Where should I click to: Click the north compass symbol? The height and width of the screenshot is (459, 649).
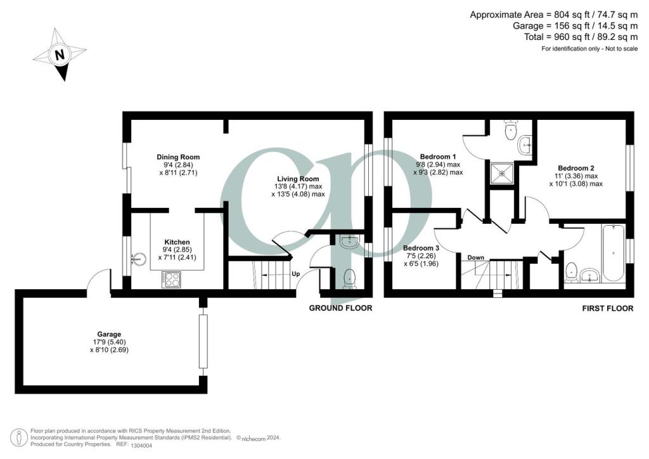pyautogui.click(x=60, y=55)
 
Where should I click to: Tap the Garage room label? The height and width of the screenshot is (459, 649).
pyautogui.click(x=109, y=334)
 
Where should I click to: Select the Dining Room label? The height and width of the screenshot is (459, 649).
pyautogui.click(x=178, y=157)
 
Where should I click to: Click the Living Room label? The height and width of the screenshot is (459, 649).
pyautogui.click(x=297, y=179)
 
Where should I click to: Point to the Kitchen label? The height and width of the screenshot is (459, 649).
pyautogui.click(x=177, y=242)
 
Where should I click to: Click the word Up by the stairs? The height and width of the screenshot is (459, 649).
pyautogui.click(x=295, y=275)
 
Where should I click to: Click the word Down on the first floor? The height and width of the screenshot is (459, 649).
pyautogui.click(x=476, y=257)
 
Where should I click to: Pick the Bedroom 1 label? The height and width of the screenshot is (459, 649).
pyautogui.click(x=438, y=157)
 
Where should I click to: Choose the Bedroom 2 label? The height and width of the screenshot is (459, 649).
pyautogui.click(x=576, y=169)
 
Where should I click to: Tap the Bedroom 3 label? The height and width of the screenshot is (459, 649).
pyautogui.click(x=420, y=248)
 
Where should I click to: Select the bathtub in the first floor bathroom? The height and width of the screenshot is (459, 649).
pyautogui.click(x=614, y=252)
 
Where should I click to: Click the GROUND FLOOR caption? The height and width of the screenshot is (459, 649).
pyautogui.click(x=340, y=308)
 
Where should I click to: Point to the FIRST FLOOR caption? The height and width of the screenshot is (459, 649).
pyautogui.click(x=608, y=309)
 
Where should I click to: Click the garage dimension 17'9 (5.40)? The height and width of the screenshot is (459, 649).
pyautogui.click(x=109, y=342)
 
